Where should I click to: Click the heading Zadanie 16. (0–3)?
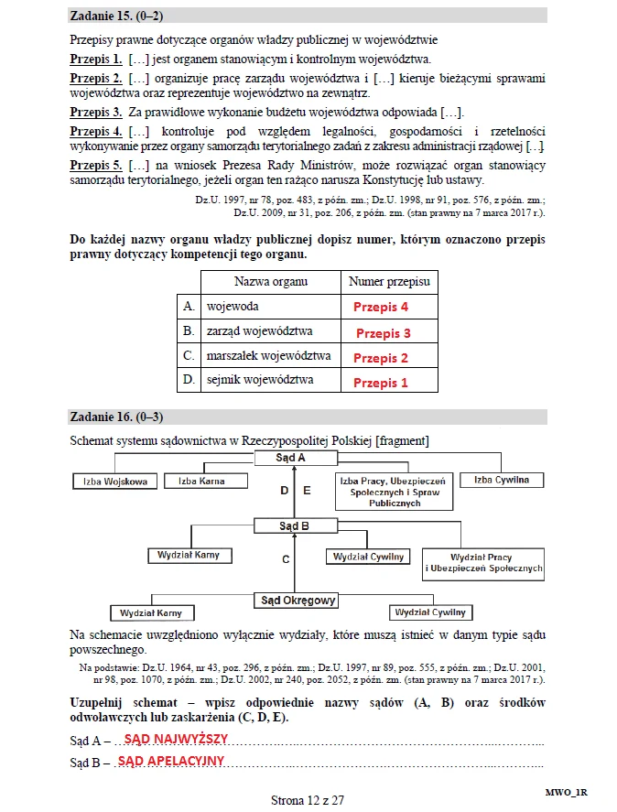[x=116, y=417]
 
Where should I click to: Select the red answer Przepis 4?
[x=381, y=308]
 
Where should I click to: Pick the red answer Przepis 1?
[x=381, y=383]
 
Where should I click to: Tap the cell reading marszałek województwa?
[x=269, y=356]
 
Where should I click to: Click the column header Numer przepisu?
[x=389, y=282]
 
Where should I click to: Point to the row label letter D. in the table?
[x=189, y=379]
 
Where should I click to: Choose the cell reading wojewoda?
[x=233, y=307]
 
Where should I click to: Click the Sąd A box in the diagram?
[x=292, y=457]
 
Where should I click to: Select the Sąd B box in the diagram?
[x=294, y=526]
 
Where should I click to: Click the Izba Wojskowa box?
[x=114, y=482]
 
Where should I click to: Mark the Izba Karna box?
[x=201, y=481]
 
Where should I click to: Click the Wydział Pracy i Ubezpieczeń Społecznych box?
[x=483, y=562]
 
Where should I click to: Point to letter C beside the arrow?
[x=286, y=558]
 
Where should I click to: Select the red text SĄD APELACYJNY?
[x=171, y=761]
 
